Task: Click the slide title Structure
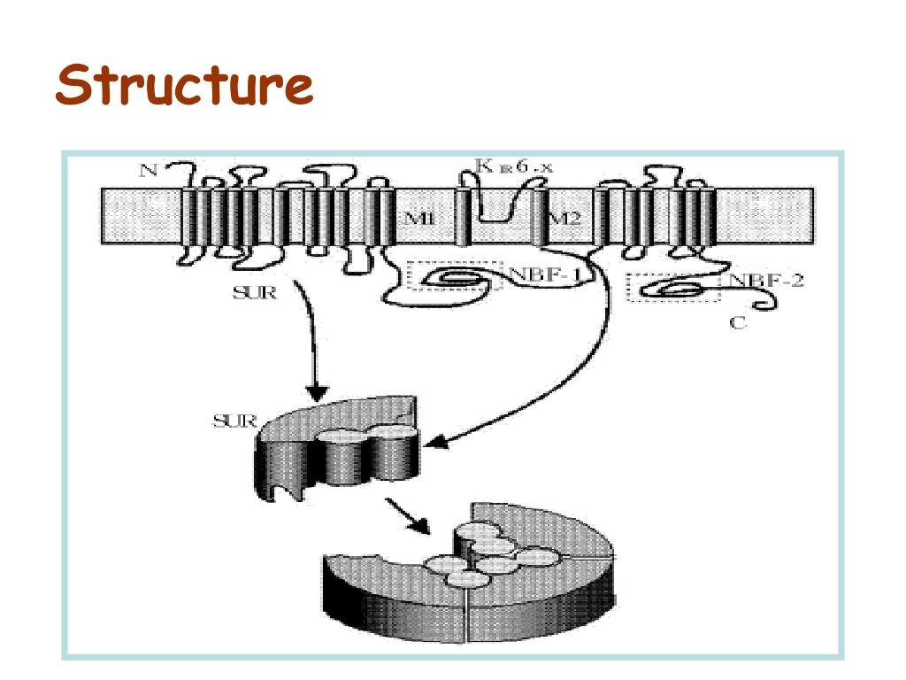[184, 87]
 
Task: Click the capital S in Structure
[74, 87]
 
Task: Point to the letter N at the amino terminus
[149, 171]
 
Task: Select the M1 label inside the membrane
[417, 219]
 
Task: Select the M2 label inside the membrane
[566, 219]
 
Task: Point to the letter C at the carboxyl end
[737, 323]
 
